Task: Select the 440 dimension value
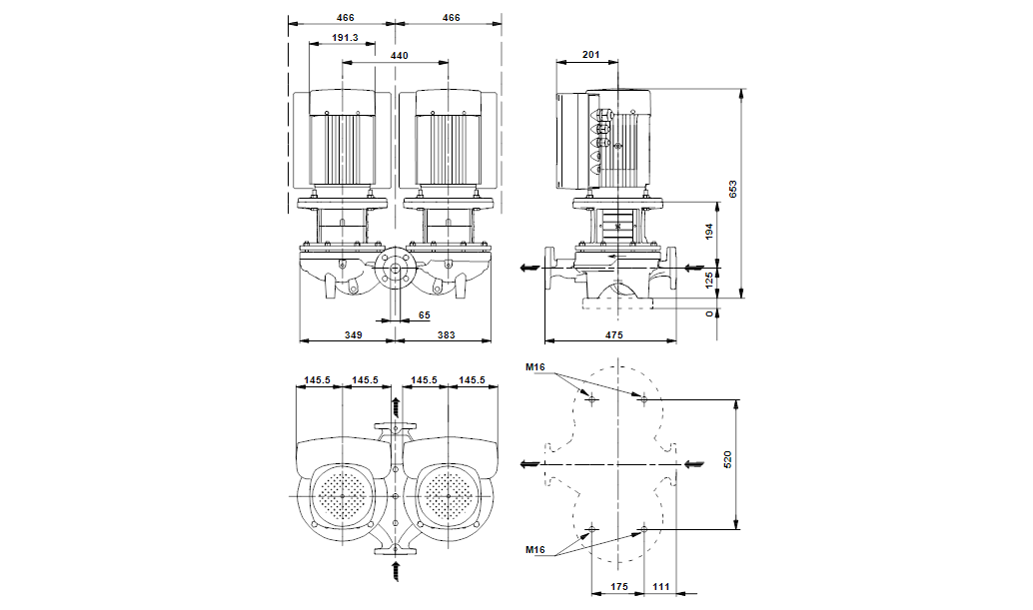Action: (398, 57)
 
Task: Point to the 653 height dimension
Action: (732, 191)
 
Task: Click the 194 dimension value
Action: (710, 233)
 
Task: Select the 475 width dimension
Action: (612, 335)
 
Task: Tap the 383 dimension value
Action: (445, 335)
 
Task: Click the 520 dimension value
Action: (728, 461)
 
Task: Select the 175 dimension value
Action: (619, 587)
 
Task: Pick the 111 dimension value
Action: (660, 587)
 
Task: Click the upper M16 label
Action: (535, 367)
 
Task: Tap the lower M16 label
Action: (535, 550)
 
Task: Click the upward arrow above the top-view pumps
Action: (397, 404)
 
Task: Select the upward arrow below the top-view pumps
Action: (397, 571)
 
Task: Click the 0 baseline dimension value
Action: (710, 313)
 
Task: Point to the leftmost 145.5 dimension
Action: (318, 379)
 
